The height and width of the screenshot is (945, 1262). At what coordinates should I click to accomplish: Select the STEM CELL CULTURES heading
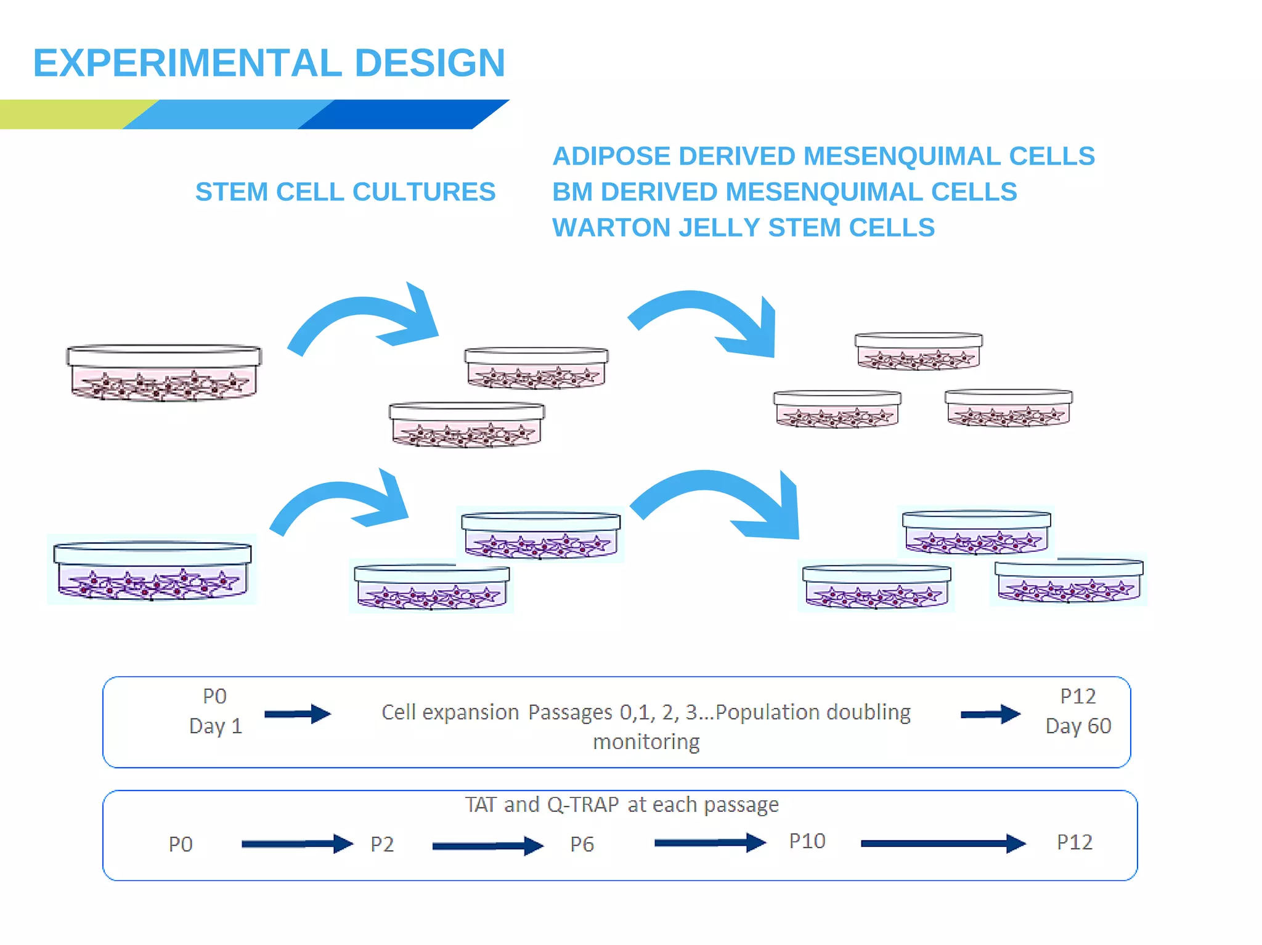345,192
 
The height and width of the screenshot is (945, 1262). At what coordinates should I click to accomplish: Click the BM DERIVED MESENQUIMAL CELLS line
784,192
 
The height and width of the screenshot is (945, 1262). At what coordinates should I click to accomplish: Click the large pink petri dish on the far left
164,373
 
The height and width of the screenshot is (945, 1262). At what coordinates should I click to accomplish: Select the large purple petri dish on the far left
152,570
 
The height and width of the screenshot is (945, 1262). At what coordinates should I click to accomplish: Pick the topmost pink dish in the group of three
918,351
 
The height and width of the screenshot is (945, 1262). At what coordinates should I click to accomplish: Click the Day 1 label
216,726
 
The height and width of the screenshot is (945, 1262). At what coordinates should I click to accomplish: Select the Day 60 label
1078,726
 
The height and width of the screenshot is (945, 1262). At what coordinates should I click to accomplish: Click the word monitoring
646,741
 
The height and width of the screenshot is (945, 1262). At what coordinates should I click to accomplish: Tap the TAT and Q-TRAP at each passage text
621,805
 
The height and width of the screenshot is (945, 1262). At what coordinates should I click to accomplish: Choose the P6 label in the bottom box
582,844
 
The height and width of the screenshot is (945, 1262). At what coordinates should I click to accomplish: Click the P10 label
807,841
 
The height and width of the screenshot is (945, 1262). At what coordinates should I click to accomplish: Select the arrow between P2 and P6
487,846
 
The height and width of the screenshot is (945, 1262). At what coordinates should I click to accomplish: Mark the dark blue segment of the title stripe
401,114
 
